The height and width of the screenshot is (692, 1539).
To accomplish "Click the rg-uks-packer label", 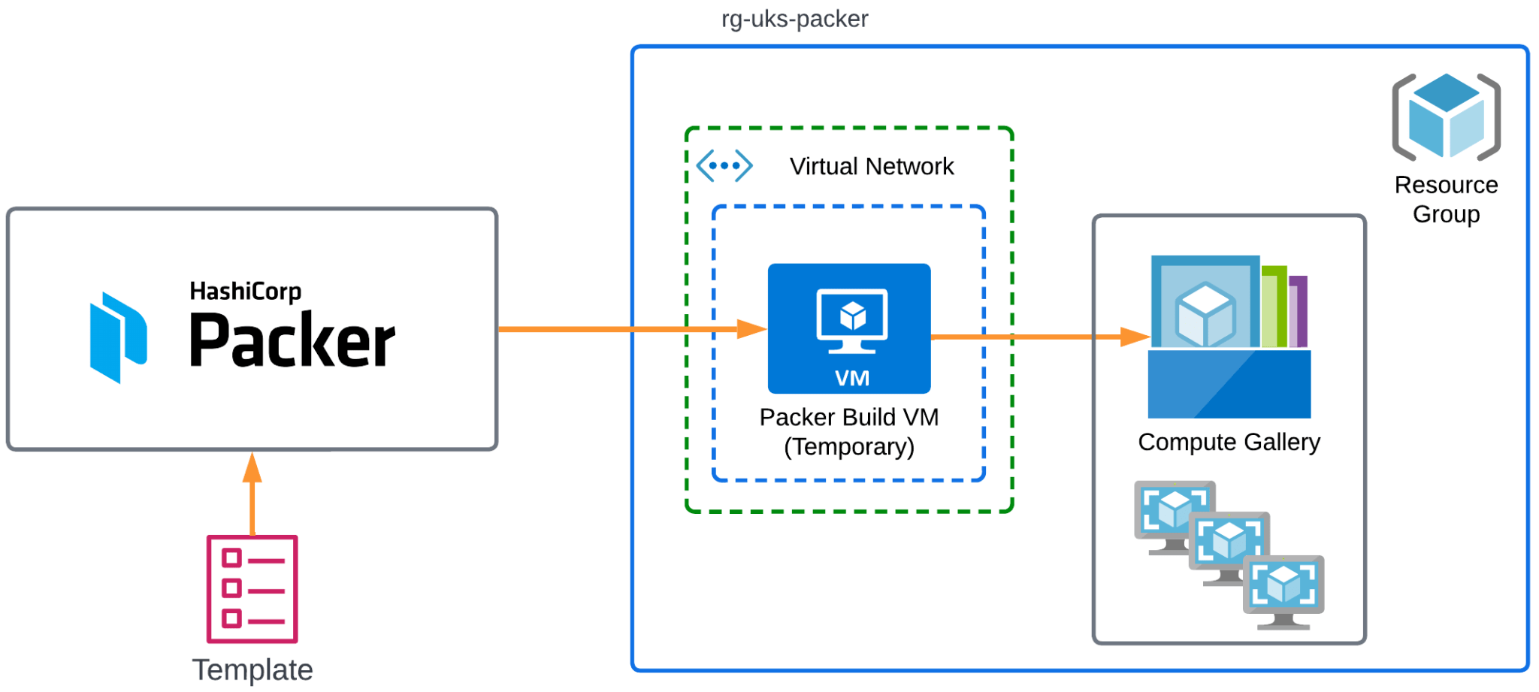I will [x=794, y=19].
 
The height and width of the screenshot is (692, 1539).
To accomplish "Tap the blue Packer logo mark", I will [x=117, y=337].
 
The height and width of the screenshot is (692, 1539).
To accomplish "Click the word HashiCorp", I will [x=245, y=291].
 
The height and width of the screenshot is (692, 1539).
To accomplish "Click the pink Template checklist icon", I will [x=252, y=589].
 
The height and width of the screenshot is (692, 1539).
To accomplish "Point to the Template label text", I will [x=252, y=669].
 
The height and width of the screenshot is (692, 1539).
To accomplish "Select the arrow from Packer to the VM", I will [x=631, y=329].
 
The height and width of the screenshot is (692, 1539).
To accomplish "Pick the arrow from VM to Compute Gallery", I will [x=1037, y=337].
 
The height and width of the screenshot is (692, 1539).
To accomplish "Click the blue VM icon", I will [x=849, y=328].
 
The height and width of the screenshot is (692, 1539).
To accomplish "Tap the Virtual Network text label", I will [x=871, y=166].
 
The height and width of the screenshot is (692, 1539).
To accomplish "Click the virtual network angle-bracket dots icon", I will [x=724, y=165].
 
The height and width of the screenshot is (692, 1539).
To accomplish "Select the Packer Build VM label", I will [x=849, y=417].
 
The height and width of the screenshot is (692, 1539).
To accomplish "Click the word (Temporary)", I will [x=849, y=447].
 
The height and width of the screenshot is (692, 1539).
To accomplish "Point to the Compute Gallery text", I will [x=1229, y=442].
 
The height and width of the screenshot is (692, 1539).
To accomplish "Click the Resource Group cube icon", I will [x=1446, y=116].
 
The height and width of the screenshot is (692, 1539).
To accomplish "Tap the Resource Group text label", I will [x=1446, y=199].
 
